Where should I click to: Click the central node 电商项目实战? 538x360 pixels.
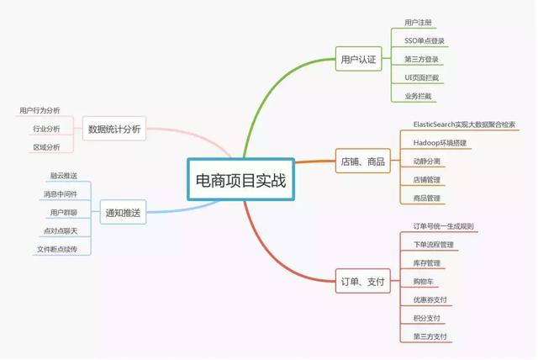point(240,179)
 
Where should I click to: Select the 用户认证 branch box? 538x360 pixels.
point(359,60)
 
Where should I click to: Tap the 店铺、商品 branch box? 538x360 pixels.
point(362,161)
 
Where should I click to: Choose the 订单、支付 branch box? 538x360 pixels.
point(362,282)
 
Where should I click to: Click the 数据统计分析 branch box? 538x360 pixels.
point(114,129)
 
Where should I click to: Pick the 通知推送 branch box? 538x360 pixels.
point(123,213)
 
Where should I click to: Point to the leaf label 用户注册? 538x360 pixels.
point(419,23)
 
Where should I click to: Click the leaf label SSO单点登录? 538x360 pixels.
point(425,41)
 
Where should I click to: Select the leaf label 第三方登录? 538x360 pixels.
point(421,60)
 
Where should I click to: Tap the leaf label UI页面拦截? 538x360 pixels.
point(421,78)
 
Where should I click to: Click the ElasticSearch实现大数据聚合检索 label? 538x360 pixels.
point(464,124)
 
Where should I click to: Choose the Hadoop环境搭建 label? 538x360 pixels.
point(440,143)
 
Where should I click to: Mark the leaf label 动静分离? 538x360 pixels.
point(426,161)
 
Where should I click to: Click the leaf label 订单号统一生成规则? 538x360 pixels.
point(444,226)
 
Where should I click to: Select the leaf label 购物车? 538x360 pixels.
point(424,282)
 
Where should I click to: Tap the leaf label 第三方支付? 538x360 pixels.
point(430,337)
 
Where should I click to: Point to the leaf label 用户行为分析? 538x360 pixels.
point(40,110)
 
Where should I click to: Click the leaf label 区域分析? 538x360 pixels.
point(46,147)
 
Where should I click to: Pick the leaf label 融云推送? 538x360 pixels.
point(64,176)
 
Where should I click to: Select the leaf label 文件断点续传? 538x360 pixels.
point(58,250)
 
